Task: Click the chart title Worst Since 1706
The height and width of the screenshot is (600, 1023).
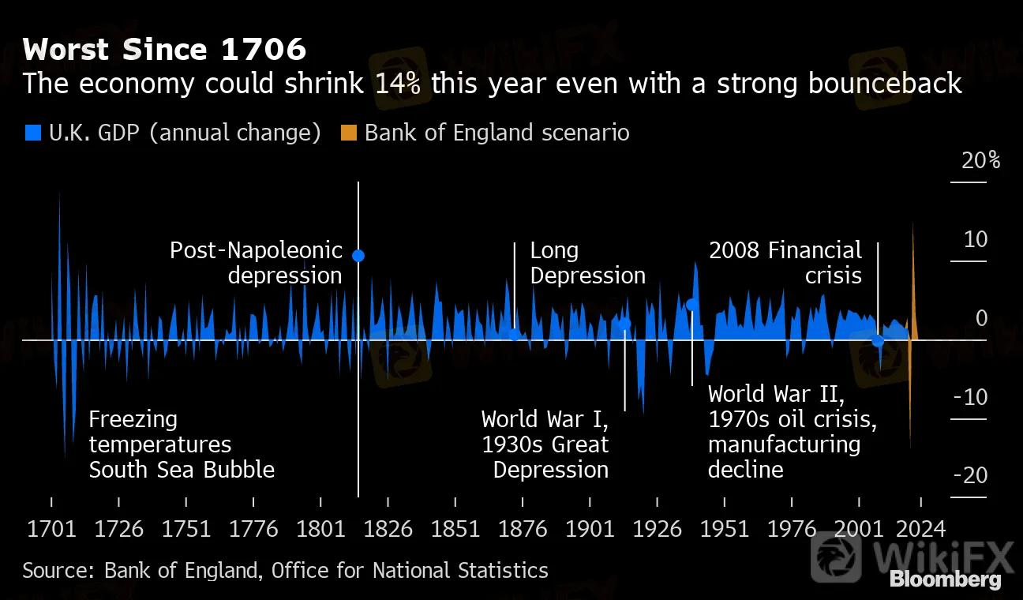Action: (x=164, y=51)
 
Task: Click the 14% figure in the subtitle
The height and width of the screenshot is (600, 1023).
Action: (x=399, y=83)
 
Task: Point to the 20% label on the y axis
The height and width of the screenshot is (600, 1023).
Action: (x=980, y=160)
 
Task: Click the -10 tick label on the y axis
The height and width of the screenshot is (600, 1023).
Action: (x=970, y=396)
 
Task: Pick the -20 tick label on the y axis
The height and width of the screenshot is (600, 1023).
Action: (x=970, y=475)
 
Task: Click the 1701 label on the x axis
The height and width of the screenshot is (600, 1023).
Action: (x=51, y=528)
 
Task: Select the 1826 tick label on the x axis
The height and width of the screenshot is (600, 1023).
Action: (x=388, y=528)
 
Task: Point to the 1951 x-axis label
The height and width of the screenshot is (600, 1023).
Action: (x=724, y=528)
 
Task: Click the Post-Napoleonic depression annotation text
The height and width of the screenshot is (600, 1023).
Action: (x=257, y=263)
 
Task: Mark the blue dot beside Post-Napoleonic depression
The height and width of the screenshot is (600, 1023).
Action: (x=358, y=255)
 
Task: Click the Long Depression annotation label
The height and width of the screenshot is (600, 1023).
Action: (x=587, y=263)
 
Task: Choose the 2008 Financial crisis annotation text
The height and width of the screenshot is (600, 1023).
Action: (x=785, y=263)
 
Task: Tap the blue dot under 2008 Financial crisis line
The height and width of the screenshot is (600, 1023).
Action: (x=878, y=341)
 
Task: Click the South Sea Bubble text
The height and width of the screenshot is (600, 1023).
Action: (x=182, y=470)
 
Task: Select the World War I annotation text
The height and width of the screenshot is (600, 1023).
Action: (x=545, y=418)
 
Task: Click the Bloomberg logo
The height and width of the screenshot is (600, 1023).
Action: (x=945, y=579)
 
